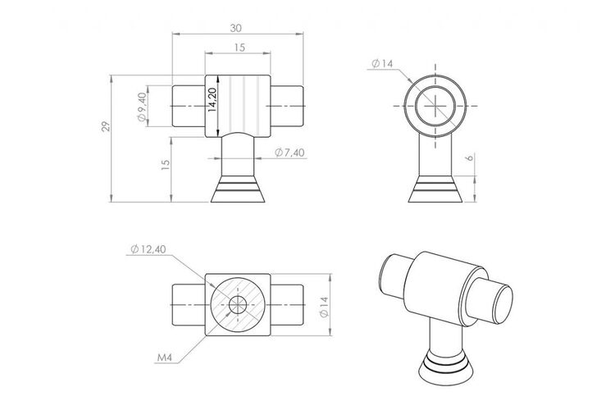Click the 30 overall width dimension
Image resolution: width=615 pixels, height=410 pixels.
236,28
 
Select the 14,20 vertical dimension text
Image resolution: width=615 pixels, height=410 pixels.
212,100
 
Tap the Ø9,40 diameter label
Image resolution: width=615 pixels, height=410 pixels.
142,107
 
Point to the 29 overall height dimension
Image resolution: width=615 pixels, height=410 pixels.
106,127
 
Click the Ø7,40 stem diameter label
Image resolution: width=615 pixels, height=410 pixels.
289,153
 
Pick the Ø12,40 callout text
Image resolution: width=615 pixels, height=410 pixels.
148,249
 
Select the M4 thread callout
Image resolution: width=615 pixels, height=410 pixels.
165,358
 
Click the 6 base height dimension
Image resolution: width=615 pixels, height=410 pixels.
470,157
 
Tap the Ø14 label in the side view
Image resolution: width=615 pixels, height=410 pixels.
382,63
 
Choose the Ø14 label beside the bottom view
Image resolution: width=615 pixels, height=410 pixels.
324,307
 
